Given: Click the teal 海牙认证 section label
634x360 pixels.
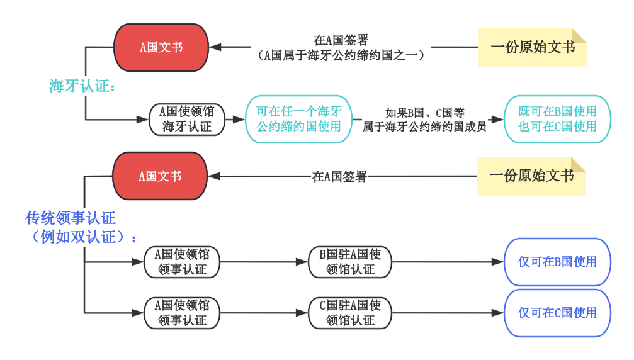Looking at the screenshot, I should click(87, 86).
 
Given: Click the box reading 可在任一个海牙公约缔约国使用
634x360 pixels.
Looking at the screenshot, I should click(298, 119).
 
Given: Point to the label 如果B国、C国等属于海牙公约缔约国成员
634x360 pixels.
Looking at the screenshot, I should click(424, 120).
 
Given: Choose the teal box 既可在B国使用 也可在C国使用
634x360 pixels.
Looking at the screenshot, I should click(557, 119).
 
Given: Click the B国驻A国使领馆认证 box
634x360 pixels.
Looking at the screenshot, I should click(350, 262).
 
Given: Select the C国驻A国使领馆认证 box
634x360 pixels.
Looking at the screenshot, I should click(350, 313).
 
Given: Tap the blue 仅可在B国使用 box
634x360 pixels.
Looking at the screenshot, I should click(557, 262).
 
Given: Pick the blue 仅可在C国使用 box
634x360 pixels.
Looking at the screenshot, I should click(557, 313).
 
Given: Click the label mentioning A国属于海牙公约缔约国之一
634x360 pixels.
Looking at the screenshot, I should click(341, 48).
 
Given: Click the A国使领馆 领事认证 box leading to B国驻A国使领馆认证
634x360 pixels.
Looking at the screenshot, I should click(182, 262).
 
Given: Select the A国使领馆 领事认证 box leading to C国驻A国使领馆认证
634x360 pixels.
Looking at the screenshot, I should click(182, 313).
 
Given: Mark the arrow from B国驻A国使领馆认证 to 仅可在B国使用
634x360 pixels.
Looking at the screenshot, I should click(447, 262).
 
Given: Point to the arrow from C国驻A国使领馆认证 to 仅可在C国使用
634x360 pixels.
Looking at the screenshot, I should click(447, 313).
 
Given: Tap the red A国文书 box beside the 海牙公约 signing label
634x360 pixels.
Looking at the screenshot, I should click(161, 47).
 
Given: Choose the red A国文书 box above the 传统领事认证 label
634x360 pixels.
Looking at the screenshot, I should click(160, 176).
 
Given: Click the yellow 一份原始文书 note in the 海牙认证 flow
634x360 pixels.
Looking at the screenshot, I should click(532, 47).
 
